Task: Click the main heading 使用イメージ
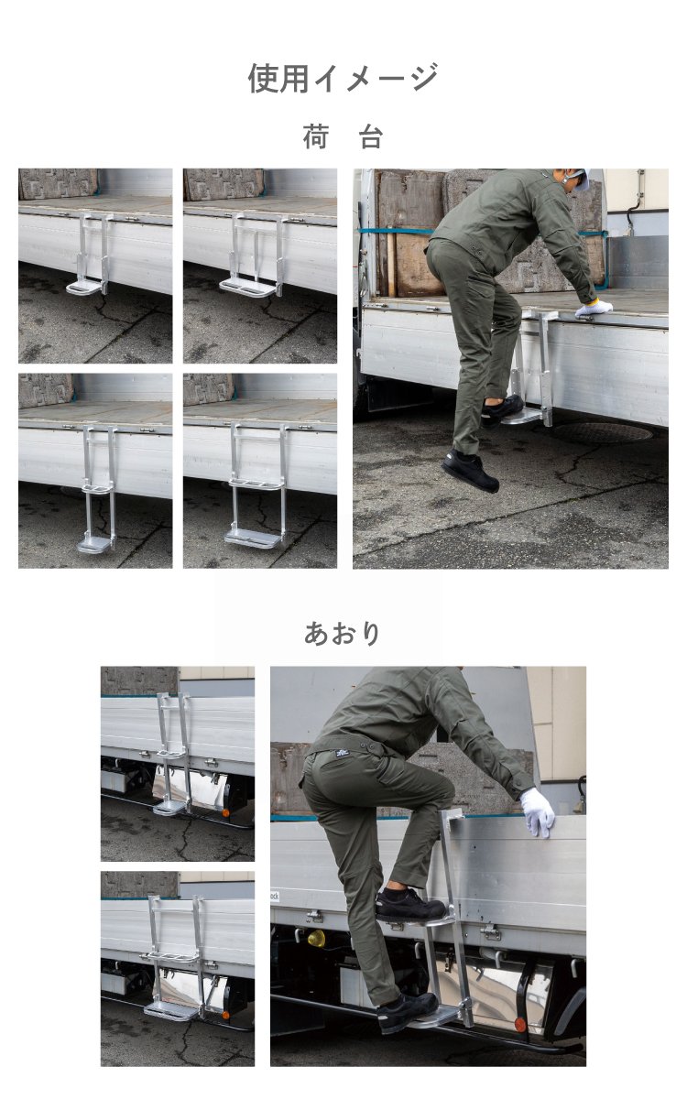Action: (x=343, y=78)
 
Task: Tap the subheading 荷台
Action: (x=343, y=136)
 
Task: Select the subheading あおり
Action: (x=343, y=633)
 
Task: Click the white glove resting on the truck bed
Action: (x=594, y=308)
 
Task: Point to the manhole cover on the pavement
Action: (x=603, y=432)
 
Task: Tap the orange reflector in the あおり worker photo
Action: (x=519, y=1010)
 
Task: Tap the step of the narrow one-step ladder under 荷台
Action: (x=83, y=288)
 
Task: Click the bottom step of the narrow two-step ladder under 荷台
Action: (x=95, y=544)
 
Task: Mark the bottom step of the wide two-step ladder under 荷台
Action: (x=253, y=537)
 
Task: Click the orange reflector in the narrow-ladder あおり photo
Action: (x=225, y=813)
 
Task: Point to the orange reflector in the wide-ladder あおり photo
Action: (x=225, y=1015)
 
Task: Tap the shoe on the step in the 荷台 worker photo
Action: (x=502, y=408)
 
